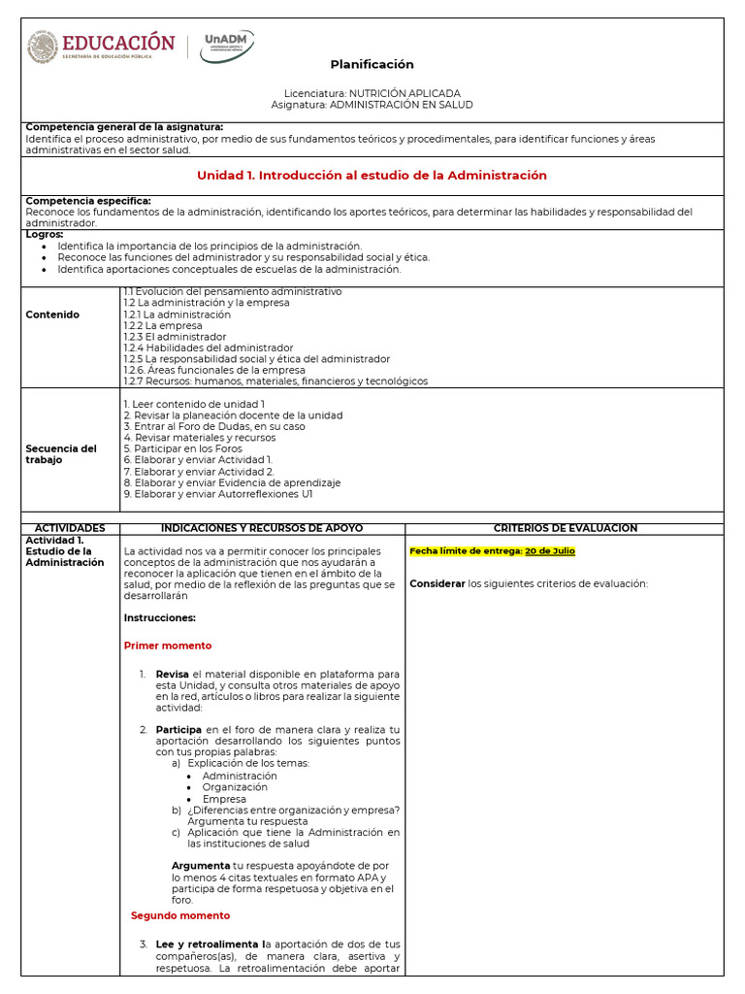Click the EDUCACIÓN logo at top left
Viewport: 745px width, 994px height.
click(x=101, y=47)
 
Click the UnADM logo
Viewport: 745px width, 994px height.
click(x=227, y=46)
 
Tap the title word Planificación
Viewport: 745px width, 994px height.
click(x=372, y=64)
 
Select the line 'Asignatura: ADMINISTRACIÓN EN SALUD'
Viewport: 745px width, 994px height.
click(x=372, y=105)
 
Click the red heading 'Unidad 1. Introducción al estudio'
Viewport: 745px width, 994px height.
click(x=372, y=176)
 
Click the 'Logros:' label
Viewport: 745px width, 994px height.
click(x=45, y=234)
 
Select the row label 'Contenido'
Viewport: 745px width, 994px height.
click(x=52, y=315)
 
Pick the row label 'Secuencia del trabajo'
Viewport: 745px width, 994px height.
click(x=60, y=453)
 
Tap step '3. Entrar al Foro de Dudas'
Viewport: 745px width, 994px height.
click(x=214, y=426)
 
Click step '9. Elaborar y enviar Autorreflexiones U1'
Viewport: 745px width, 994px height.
click(x=218, y=494)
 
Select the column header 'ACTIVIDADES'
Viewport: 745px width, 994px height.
click(x=70, y=528)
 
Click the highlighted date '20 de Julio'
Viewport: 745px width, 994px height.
click(x=550, y=551)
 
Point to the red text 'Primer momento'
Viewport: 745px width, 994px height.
click(x=168, y=646)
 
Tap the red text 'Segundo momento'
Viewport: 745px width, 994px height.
click(x=180, y=915)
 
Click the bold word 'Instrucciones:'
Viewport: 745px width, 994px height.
click(x=160, y=617)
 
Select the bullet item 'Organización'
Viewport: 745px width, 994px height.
click(x=235, y=787)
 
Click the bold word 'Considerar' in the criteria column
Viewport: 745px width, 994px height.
click(x=437, y=583)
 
